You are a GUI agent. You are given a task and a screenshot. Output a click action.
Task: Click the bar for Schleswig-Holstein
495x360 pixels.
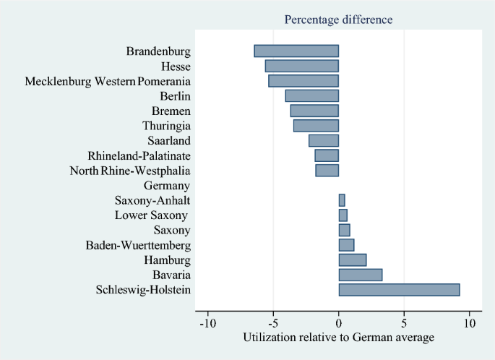point(399,290)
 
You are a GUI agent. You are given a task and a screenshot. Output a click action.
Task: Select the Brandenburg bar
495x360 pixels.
point(296,51)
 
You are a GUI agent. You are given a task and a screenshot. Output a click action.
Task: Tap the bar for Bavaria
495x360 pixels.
point(360,275)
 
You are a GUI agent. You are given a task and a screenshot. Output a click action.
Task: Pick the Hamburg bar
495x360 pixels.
point(352,260)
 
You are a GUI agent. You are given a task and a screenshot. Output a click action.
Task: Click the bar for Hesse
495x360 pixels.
point(301,66)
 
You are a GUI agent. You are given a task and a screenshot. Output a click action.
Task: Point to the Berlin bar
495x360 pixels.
point(311,95)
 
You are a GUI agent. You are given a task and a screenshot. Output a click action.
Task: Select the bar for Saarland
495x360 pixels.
point(323,140)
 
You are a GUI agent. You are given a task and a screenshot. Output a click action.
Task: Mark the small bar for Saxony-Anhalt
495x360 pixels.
point(342,200)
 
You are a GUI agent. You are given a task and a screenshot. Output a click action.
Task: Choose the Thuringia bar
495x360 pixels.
point(316,126)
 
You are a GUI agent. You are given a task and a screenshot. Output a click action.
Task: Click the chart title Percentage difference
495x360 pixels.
point(339,20)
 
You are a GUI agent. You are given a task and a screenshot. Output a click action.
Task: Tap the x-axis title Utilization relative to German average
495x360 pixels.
point(338,338)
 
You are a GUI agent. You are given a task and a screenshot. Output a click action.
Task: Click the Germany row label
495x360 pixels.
point(167,186)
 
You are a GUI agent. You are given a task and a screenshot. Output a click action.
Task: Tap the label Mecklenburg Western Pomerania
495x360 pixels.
point(108,81)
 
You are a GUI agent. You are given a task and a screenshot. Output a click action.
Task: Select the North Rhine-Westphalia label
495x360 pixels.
point(130,171)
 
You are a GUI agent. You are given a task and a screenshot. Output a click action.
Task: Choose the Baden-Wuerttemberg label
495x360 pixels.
point(138,246)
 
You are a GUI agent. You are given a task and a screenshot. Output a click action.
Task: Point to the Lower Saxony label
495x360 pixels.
point(151,215)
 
